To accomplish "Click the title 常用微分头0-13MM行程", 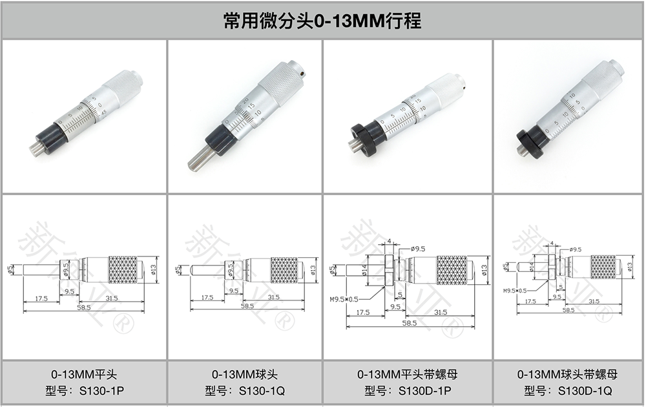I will tap(322, 21).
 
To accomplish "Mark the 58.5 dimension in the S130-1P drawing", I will tap(83, 307).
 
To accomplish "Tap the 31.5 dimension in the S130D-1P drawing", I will tap(441, 312).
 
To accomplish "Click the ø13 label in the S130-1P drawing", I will tap(154, 269).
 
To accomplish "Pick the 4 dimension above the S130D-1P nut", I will tap(390, 242).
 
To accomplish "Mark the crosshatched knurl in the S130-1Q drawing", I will tap(284, 269).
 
